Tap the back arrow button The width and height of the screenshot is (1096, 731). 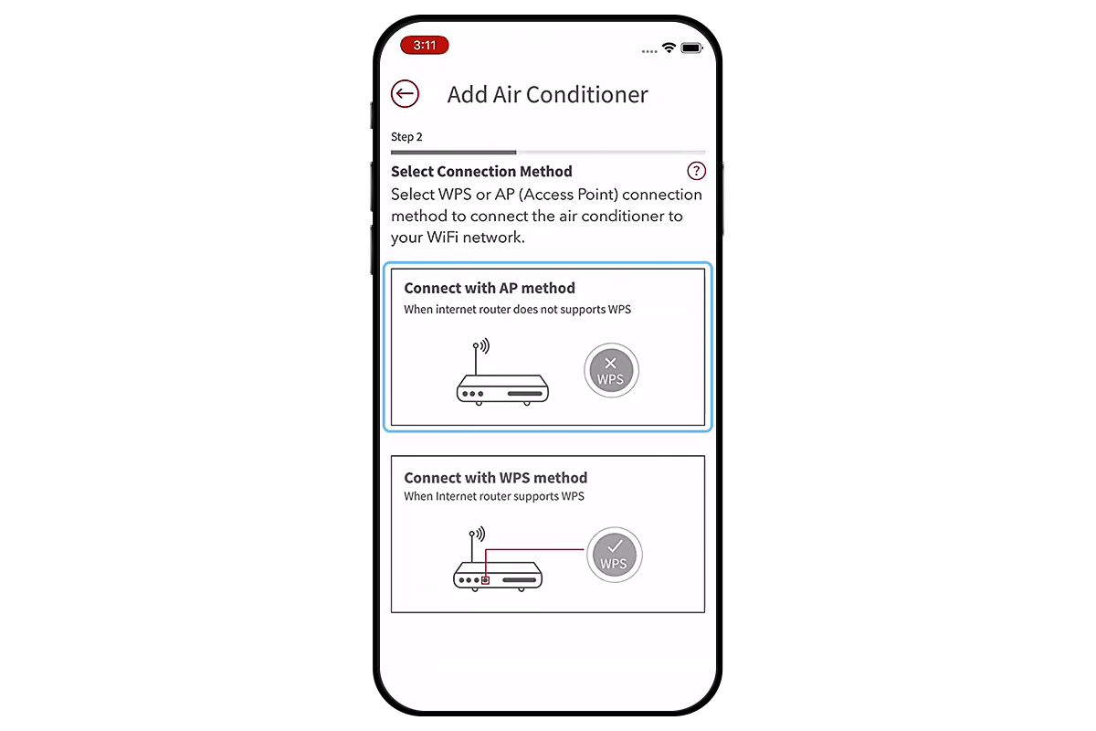405,93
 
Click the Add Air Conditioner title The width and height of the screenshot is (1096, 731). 547,94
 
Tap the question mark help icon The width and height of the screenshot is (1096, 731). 696,171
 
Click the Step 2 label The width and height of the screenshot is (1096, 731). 406,137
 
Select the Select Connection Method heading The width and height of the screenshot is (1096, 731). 481,171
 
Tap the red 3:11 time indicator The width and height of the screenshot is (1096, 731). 425,45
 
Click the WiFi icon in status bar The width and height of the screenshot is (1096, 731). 669,48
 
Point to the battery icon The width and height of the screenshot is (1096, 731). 691,48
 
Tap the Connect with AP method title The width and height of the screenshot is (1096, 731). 490,288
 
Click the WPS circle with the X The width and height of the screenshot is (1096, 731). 611,371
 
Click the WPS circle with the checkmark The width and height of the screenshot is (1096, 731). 614,556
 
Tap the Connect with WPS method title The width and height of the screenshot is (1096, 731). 495,478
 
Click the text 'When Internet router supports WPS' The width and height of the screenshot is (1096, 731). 493,496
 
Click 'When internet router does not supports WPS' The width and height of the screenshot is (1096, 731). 517,309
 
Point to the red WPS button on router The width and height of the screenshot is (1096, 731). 486,579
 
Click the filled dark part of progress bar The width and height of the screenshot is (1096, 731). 453,152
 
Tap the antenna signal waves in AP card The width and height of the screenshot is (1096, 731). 484,346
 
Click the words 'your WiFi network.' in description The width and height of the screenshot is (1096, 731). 458,238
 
